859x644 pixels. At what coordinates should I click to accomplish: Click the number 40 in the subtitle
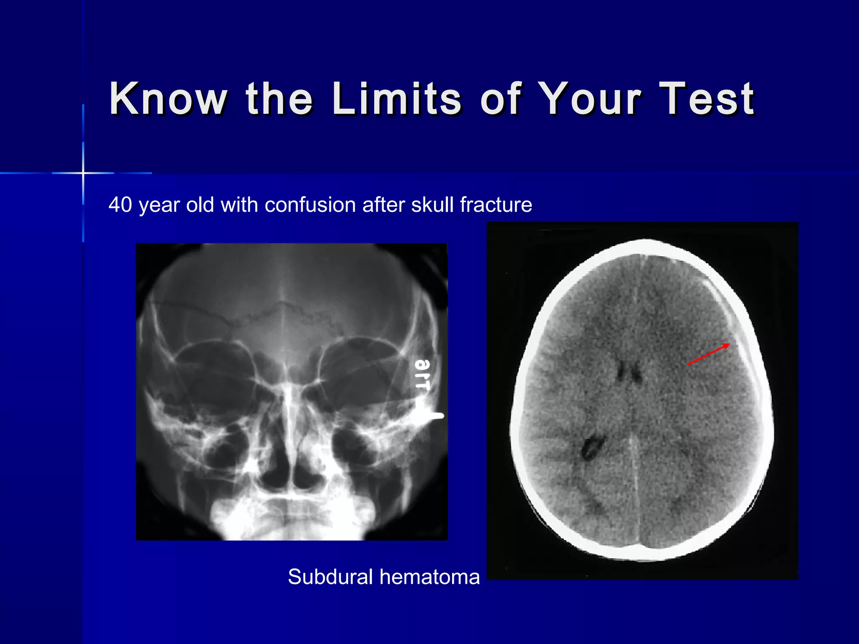tap(120, 205)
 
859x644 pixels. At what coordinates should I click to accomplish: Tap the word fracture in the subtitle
tap(496, 205)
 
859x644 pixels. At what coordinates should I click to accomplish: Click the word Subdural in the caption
tap(330, 577)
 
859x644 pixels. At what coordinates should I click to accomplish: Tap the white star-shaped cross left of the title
tap(83, 173)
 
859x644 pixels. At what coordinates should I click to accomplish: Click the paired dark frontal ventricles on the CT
tap(628, 371)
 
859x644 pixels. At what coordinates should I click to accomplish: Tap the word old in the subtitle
tap(200, 205)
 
